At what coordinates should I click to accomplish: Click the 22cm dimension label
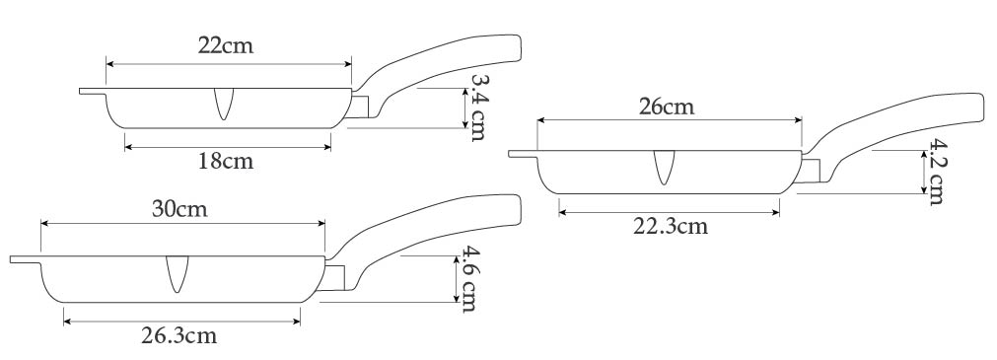point(226,45)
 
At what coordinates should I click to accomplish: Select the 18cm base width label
point(226,161)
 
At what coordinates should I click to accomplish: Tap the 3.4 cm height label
point(477,106)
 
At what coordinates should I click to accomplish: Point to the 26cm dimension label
point(667,107)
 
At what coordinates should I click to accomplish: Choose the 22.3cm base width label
point(671,226)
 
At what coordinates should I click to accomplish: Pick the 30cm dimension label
point(179,209)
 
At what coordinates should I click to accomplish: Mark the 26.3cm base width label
point(178,335)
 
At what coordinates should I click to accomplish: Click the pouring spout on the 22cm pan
point(223,103)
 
